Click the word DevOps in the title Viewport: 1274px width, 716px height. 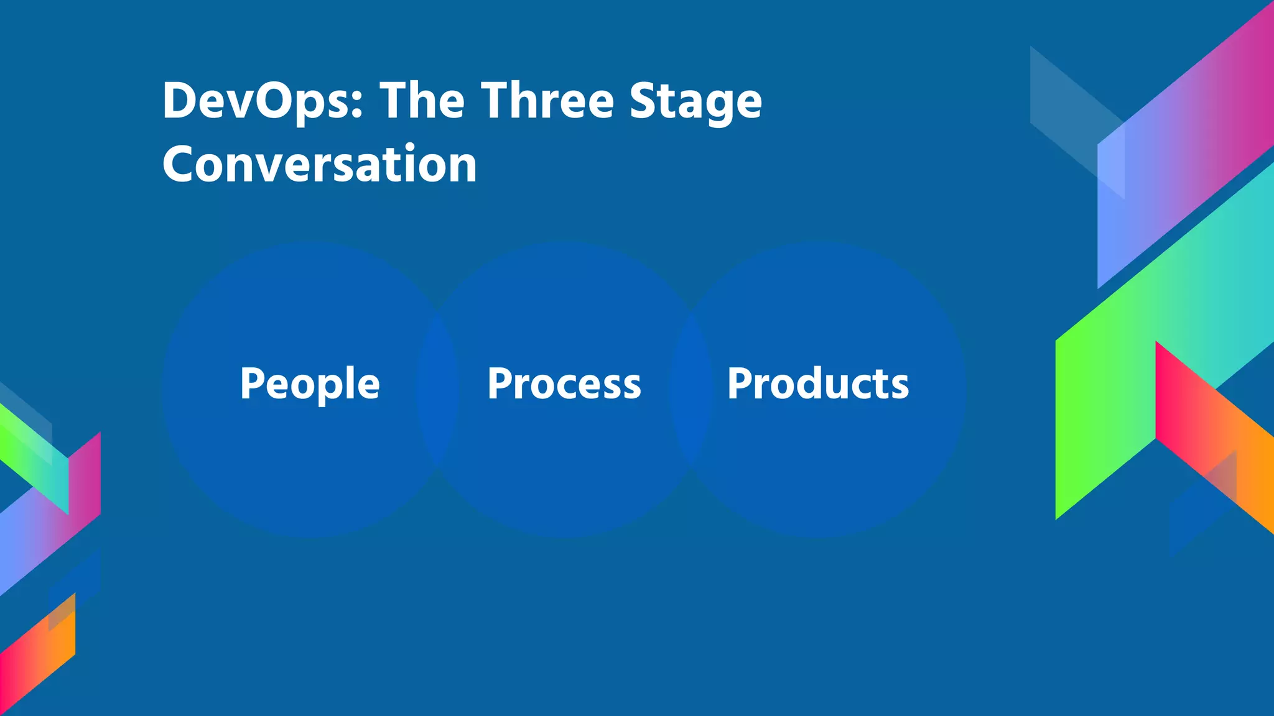(x=256, y=101)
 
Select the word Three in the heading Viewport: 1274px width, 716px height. (x=547, y=101)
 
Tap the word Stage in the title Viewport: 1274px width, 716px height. (x=695, y=101)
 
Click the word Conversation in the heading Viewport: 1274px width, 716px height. (x=320, y=164)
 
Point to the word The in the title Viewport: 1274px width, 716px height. (x=422, y=101)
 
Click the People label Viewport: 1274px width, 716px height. (x=310, y=383)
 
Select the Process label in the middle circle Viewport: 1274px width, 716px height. (x=564, y=383)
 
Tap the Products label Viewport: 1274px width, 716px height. (x=818, y=383)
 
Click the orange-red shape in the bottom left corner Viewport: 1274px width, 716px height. (x=37, y=659)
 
